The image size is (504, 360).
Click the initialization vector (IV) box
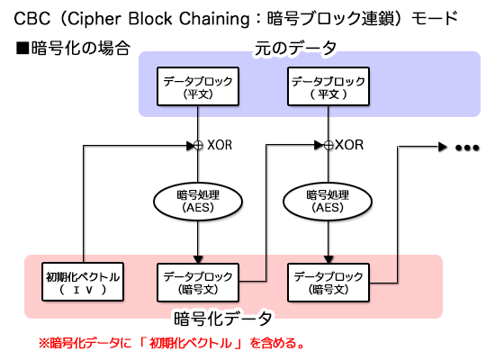pyautogui.click(x=83, y=282)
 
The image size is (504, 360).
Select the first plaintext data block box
pyautogui.click(x=196, y=87)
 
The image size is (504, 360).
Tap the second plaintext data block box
pyautogui.click(x=327, y=87)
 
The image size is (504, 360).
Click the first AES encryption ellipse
pyautogui.click(x=196, y=199)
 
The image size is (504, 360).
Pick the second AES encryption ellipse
pyautogui.click(x=327, y=199)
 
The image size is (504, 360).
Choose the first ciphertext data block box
pyautogui.click(x=196, y=282)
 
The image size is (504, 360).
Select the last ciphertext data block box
pyautogui.click(x=327, y=282)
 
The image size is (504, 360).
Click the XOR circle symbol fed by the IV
pyautogui.click(x=197, y=144)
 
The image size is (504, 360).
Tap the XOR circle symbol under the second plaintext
pyautogui.click(x=327, y=144)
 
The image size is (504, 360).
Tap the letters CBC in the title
pyautogui.click(x=25, y=17)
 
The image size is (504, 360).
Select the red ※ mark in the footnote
pyautogui.click(x=43, y=343)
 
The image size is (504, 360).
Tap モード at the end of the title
pyautogui.click(x=435, y=17)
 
